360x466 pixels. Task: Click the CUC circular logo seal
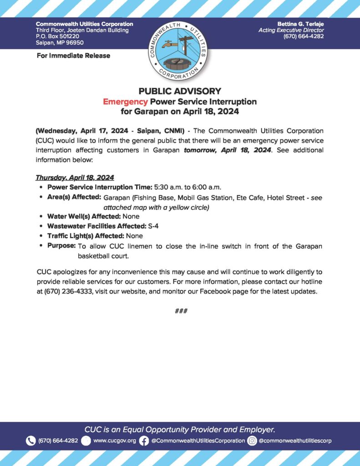pyautogui.click(x=180, y=49)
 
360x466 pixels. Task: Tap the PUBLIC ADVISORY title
pyautogui.click(x=180, y=91)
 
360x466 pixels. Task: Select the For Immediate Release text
pyautogui.click(x=72, y=56)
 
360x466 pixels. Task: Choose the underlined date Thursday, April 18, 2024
pyautogui.click(x=75, y=177)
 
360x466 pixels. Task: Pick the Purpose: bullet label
pyautogui.click(x=61, y=246)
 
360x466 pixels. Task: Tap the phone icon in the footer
pyautogui.click(x=31, y=441)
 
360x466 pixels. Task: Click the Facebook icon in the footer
pyautogui.click(x=144, y=441)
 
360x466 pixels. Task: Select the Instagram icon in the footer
pyautogui.click(x=252, y=441)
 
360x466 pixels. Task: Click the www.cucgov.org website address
pyautogui.click(x=115, y=441)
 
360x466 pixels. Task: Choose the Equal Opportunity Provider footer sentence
pyautogui.click(x=180, y=429)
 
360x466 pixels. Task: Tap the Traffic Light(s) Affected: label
pyautogui.click(x=86, y=236)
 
